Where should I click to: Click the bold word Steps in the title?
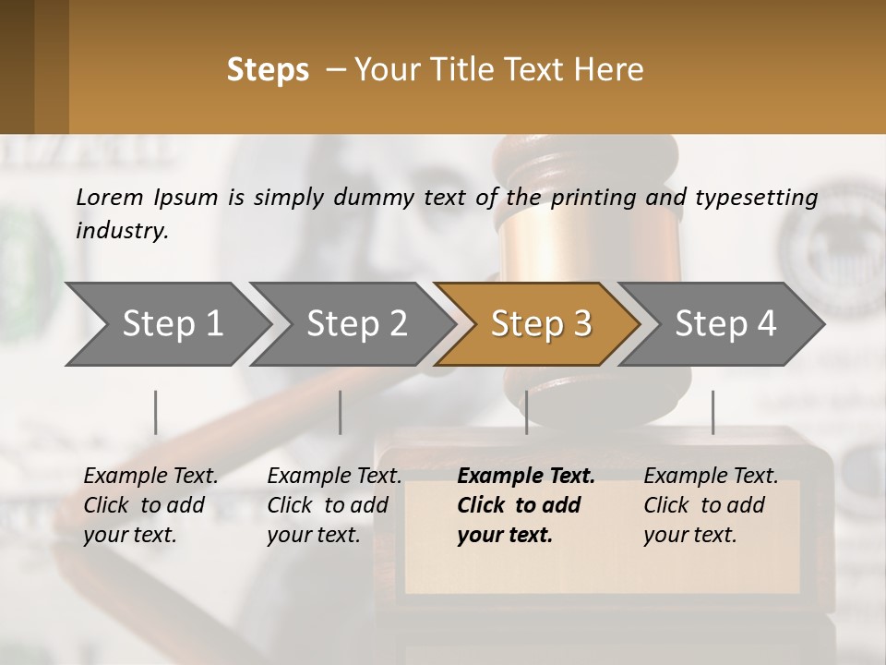[268, 69]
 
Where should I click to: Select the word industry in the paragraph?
[121, 231]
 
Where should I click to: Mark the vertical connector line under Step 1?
[156, 412]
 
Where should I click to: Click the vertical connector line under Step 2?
[341, 412]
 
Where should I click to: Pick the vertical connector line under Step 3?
[526, 412]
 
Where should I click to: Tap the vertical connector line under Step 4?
[712, 412]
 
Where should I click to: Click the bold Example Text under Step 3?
[526, 477]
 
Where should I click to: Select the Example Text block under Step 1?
[150, 505]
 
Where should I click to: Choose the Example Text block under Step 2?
[334, 505]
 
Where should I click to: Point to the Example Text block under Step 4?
[711, 505]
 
